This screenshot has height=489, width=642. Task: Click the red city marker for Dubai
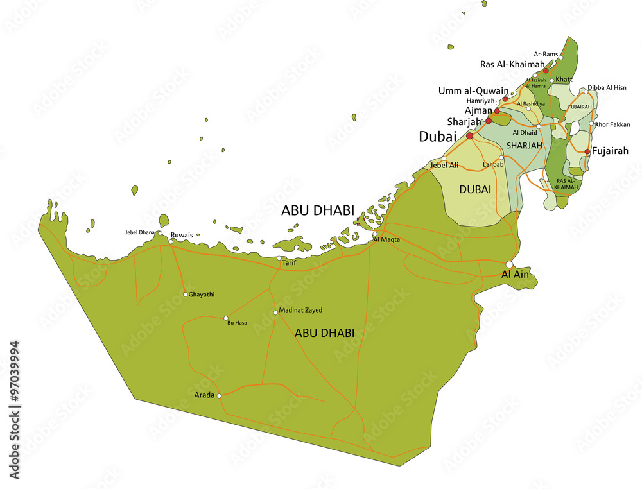coord(469,136)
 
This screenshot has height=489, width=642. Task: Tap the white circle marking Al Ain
coord(510,264)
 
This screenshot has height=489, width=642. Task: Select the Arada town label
coord(204,395)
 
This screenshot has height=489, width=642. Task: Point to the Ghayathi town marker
coord(186,295)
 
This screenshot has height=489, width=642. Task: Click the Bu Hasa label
coord(237,323)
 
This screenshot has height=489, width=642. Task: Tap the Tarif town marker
coord(279,258)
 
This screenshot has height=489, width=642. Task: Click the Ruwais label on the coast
coord(181,236)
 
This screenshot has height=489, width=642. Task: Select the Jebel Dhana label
coord(139,232)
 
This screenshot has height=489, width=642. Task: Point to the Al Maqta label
coord(386,240)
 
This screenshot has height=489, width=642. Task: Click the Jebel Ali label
coord(444,165)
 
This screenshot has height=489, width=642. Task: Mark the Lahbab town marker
coord(501,157)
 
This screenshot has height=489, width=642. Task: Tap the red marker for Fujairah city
coord(587,151)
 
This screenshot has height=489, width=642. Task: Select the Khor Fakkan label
coord(613,124)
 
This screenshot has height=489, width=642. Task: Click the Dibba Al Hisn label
coord(607,87)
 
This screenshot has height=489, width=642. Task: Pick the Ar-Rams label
coord(546,55)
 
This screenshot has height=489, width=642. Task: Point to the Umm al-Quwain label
coord(473,91)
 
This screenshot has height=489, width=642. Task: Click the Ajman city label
coord(478,110)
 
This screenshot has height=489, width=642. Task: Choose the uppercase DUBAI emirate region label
coord(475,190)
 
